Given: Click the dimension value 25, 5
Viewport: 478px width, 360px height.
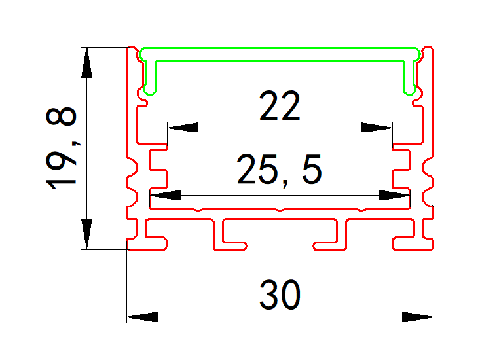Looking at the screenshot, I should coord(279,171).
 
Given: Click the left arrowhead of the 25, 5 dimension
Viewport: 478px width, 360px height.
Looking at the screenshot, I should coord(165,195).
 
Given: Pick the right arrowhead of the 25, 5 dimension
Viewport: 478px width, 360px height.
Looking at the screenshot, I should coord(395,195).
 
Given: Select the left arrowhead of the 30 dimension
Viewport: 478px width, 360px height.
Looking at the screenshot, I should coord(142,317).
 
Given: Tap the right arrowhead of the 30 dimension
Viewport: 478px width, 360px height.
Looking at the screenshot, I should coord(417,317).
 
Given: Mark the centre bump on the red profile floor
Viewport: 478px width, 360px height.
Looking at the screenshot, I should coord(280,210).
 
